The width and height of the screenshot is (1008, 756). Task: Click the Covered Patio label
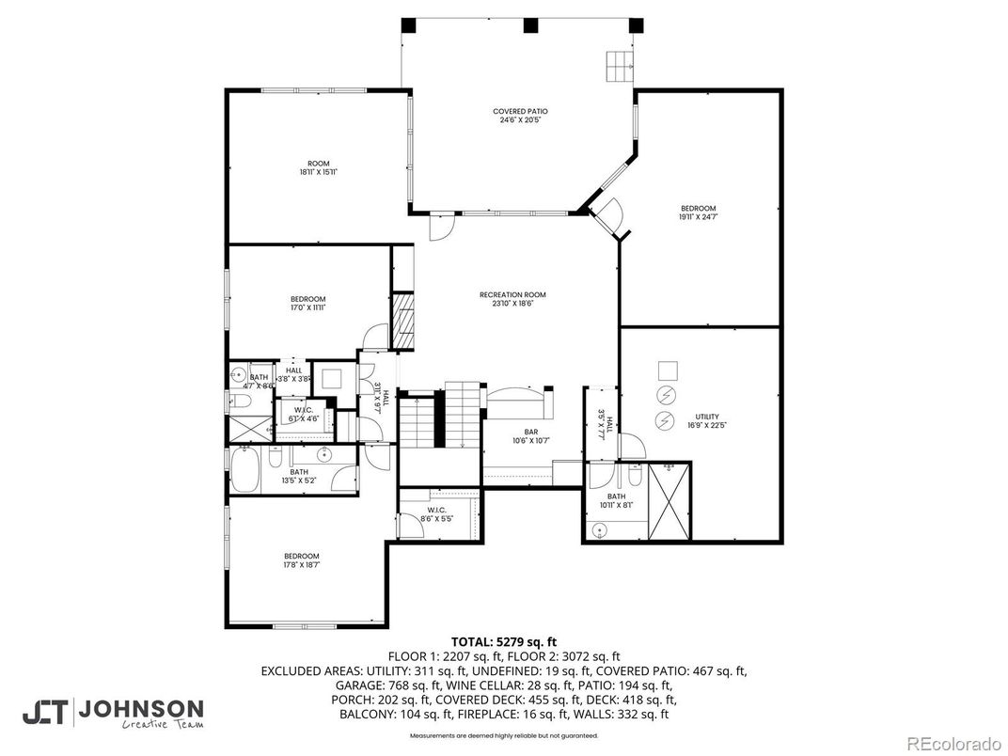tap(518, 116)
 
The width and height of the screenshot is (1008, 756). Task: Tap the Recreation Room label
tap(512, 299)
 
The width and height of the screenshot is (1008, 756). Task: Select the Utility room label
tap(706, 421)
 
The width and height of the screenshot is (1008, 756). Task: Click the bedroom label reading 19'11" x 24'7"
tap(698, 213)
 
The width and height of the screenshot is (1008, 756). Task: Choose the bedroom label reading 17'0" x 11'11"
tap(307, 304)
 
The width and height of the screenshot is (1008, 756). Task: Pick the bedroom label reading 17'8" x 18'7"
tap(301, 560)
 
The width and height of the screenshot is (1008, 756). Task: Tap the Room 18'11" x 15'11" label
tap(318, 167)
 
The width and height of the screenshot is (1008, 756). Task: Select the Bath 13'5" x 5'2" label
tap(299, 476)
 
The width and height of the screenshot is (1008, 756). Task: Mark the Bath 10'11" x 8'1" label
tap(616, 500)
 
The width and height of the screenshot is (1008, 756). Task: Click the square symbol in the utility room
tap(667, 369)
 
